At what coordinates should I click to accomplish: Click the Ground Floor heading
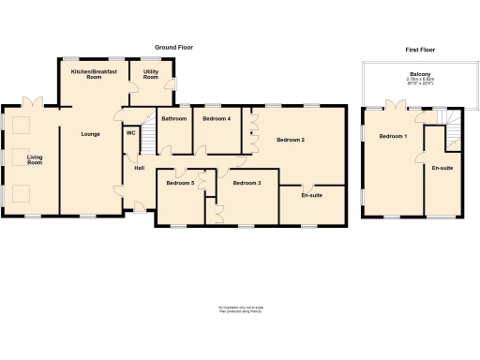point(173,47)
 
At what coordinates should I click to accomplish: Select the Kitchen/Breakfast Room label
point(93,74)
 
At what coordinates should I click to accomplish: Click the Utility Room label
point(150,74)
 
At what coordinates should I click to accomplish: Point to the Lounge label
point(90,134)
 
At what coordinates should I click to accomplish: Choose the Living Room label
point(35,160)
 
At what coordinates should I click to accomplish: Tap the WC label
point(130,133)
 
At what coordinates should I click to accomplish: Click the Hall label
point(139,168)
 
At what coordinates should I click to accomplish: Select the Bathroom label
point(174,119)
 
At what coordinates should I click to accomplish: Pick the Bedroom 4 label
point(217,119)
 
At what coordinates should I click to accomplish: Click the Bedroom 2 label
point(290,140)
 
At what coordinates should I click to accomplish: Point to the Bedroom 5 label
point(180,183)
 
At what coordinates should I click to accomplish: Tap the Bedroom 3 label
point(247,183)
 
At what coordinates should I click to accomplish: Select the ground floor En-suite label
point(312,195)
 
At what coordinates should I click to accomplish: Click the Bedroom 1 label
point(393,137)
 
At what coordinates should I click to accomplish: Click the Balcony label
point(419,73)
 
